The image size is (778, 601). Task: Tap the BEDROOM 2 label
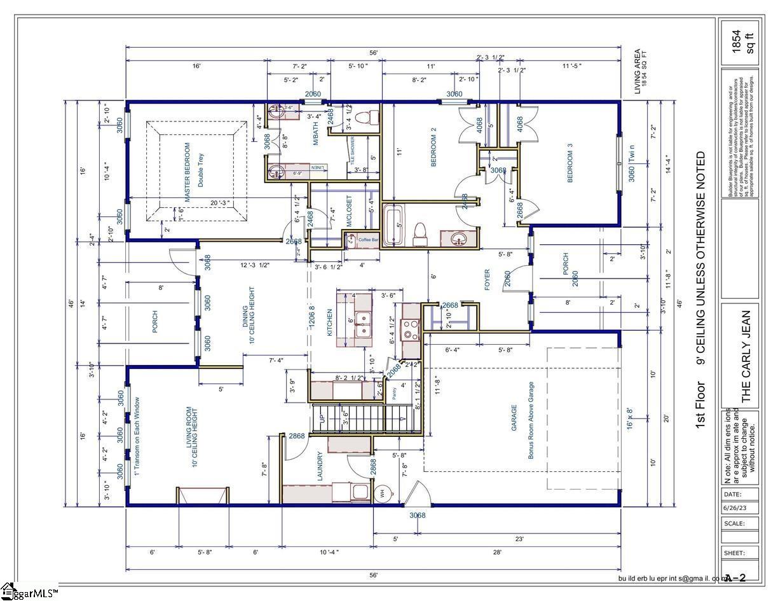(433, 147)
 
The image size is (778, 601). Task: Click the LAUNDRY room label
(320, 466)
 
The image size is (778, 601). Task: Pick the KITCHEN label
(329, 322)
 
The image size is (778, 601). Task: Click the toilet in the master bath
(363, 118)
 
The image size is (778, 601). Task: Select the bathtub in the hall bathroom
(392, 225)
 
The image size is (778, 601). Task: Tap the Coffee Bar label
(368, 240)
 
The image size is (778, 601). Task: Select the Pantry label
(393, 393)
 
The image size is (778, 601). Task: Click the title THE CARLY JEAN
(746, 356)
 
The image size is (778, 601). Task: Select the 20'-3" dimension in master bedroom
(219, 204)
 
